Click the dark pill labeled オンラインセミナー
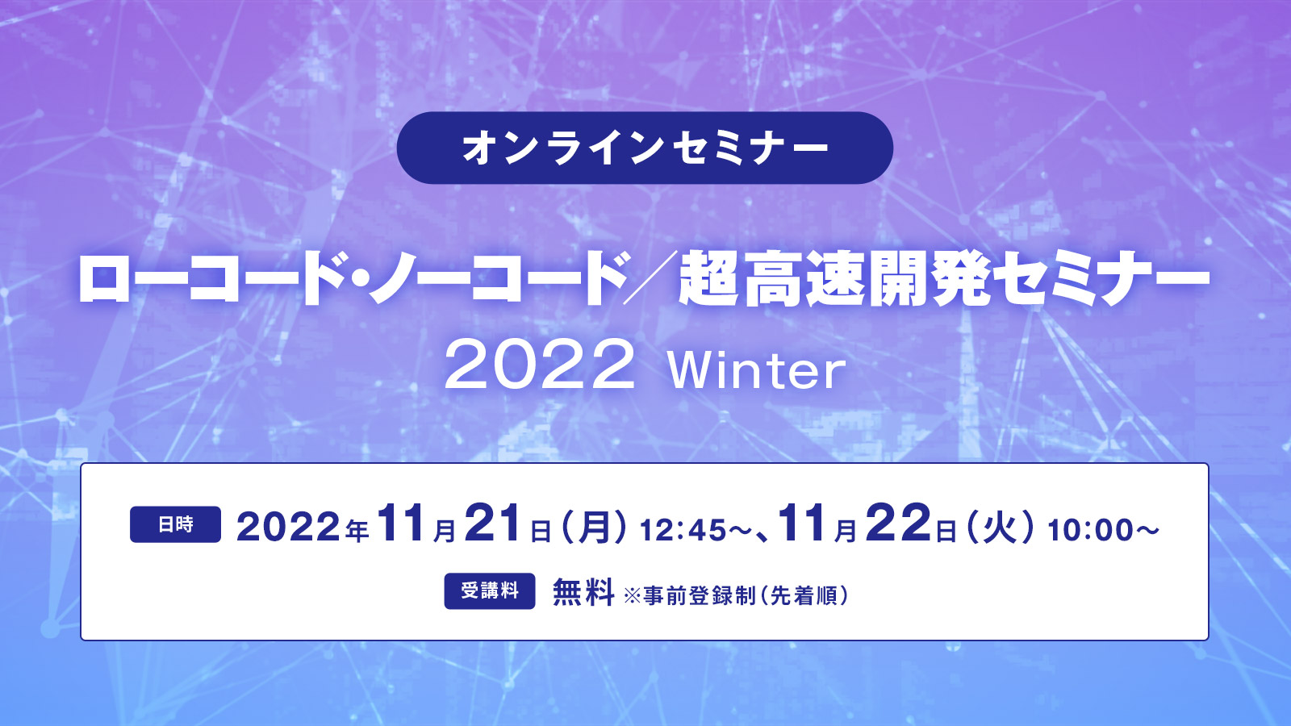click(x=645, y=148)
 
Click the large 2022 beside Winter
click(x=539, y=365)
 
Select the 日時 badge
click(x=175, y=524)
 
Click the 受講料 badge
click(x=489, y=590)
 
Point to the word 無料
click(x=583, y=592)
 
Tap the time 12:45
click(x=683, y=531)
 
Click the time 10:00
click(x=1091, y=531)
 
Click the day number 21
click(x=493, y=524)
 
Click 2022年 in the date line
click(x=303, y=528)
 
